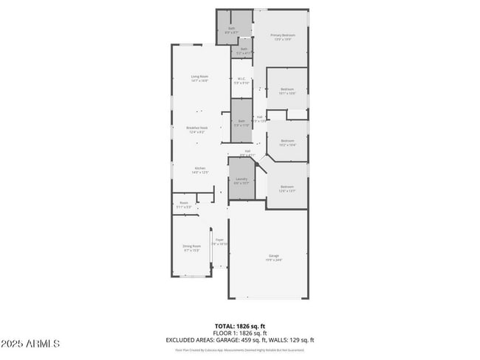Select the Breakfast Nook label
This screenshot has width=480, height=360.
coord(198,130)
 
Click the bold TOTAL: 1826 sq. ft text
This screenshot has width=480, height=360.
coord(240,325)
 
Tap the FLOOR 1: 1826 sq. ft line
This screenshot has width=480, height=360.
coord(240,333)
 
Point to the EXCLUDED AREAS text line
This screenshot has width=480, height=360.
coord(240,340)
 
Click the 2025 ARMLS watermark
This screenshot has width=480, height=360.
coord(31,344)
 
